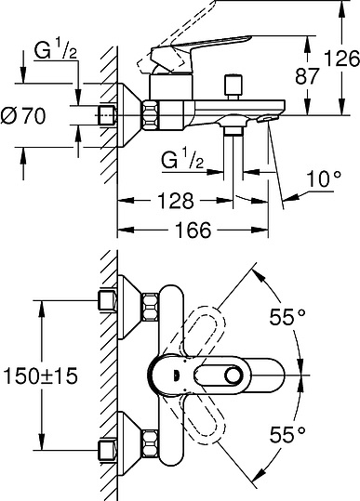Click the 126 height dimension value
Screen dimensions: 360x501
(341, 59)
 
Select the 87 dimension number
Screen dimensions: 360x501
(307, 76)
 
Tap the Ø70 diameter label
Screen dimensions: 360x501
(23, 115)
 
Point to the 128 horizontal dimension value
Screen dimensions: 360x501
(176, 201)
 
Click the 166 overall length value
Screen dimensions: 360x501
(193, 230)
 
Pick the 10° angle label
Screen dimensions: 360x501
(323, 178)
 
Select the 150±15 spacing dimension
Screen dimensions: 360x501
(40, 376)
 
